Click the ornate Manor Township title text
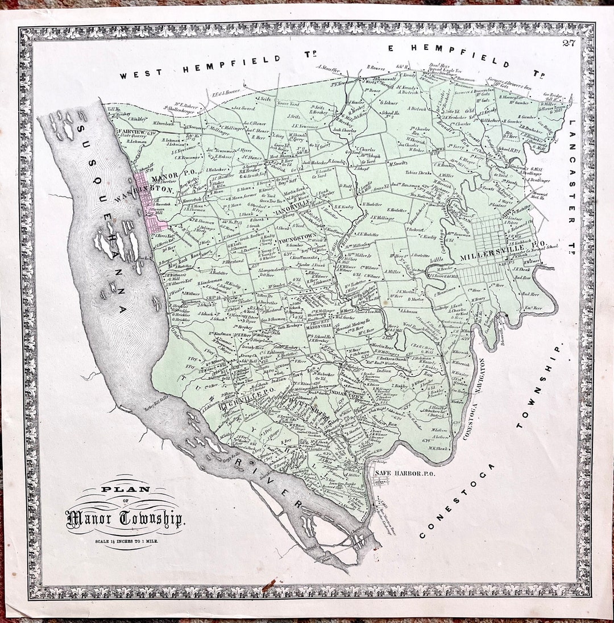(125, 518)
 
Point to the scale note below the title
(126, 541)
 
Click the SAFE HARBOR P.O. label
(404, 472)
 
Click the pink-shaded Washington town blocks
(151, 207)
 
